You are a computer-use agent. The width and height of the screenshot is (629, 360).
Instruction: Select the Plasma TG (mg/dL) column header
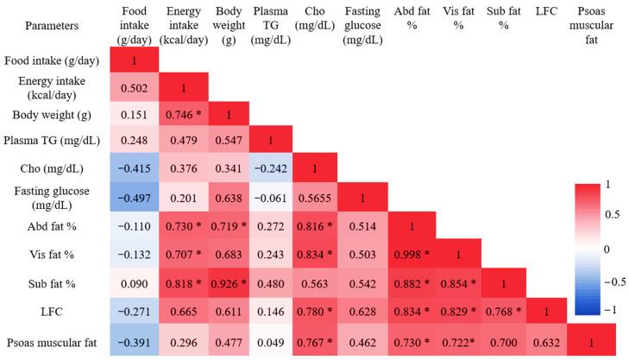(x=271, y=25)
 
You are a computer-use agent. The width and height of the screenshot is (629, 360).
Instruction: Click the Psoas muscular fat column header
(x=591, y=26)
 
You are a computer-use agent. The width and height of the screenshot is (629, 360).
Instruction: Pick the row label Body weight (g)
(x=55, y=115)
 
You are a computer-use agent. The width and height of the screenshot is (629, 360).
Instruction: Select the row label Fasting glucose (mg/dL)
(x=55, y=199)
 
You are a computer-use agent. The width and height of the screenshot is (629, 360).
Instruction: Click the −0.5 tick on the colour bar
(x=614, y=281)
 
